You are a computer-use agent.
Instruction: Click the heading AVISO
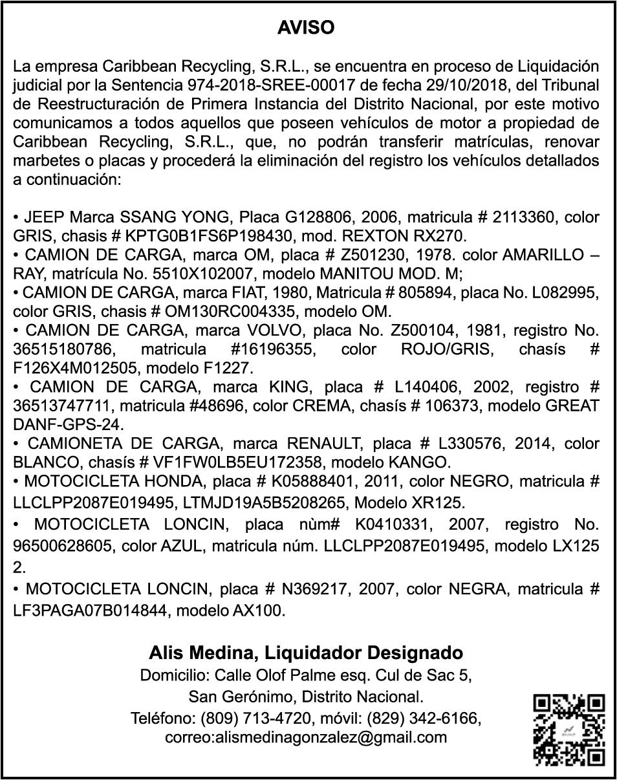[306, 28]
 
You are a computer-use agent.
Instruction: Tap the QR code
[568, 730]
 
